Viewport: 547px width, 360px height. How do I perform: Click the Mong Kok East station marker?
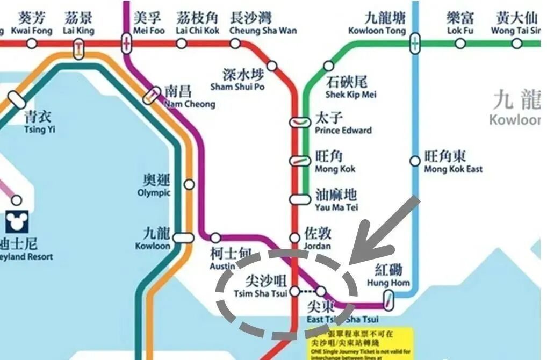(415, 161)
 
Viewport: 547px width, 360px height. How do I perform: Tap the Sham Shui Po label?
(237, 80)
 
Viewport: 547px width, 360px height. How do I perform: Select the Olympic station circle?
(189, 184)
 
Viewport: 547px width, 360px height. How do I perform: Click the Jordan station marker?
(294, 237)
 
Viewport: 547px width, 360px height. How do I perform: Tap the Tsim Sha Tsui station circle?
(294, 292)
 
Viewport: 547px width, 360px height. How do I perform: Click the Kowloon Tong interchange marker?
(415, 43)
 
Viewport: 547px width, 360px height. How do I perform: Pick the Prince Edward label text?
(343, 124)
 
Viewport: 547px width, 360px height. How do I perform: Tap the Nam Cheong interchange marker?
(152, 95)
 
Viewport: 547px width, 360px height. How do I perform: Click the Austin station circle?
(215, 237)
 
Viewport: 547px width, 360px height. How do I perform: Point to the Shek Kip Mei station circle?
(328, 66)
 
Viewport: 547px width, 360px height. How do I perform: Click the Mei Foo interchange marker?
(127, 43)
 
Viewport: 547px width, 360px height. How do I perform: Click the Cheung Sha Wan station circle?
(235, 43)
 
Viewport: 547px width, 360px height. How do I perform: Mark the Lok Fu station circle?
(459, 43)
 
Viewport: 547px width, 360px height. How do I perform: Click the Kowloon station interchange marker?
(184, 237)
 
